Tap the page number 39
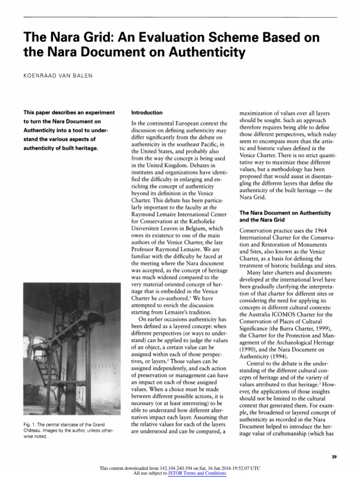pos(334,457)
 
